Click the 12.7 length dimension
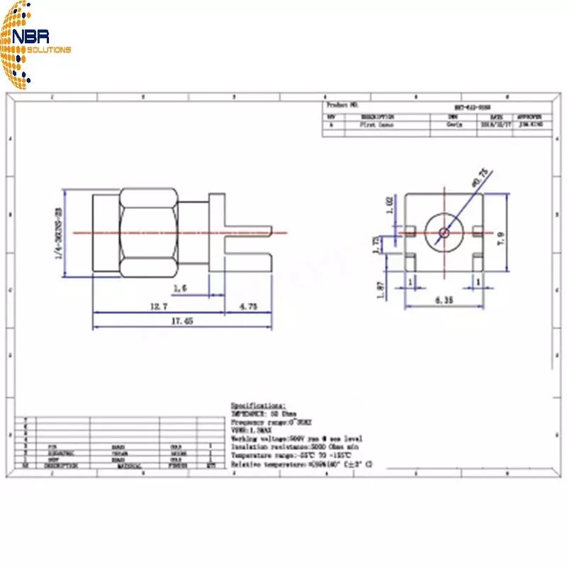(x=158, y=306)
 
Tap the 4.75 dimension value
(x=248, y=306)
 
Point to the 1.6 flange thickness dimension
(x=180, y=288)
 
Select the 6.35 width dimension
(x=444, y=301)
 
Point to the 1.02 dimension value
(x=388, y=206)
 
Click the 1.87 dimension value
(x=381, y=291)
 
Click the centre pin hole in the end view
(x=444, y=232)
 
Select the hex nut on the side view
(x=148, y=232)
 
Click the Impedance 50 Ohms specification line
(x=264, y=412)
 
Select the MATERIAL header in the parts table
(x=128, y=466)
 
